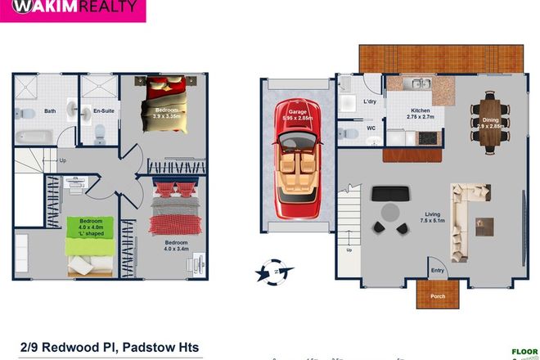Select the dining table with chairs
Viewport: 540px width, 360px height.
pyautogui.click(x=490, y=122)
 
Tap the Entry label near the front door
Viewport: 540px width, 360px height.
pyautogui.click(x=437, y=271)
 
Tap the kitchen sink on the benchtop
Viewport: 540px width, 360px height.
pyautogui.click(x=417, y=83)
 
